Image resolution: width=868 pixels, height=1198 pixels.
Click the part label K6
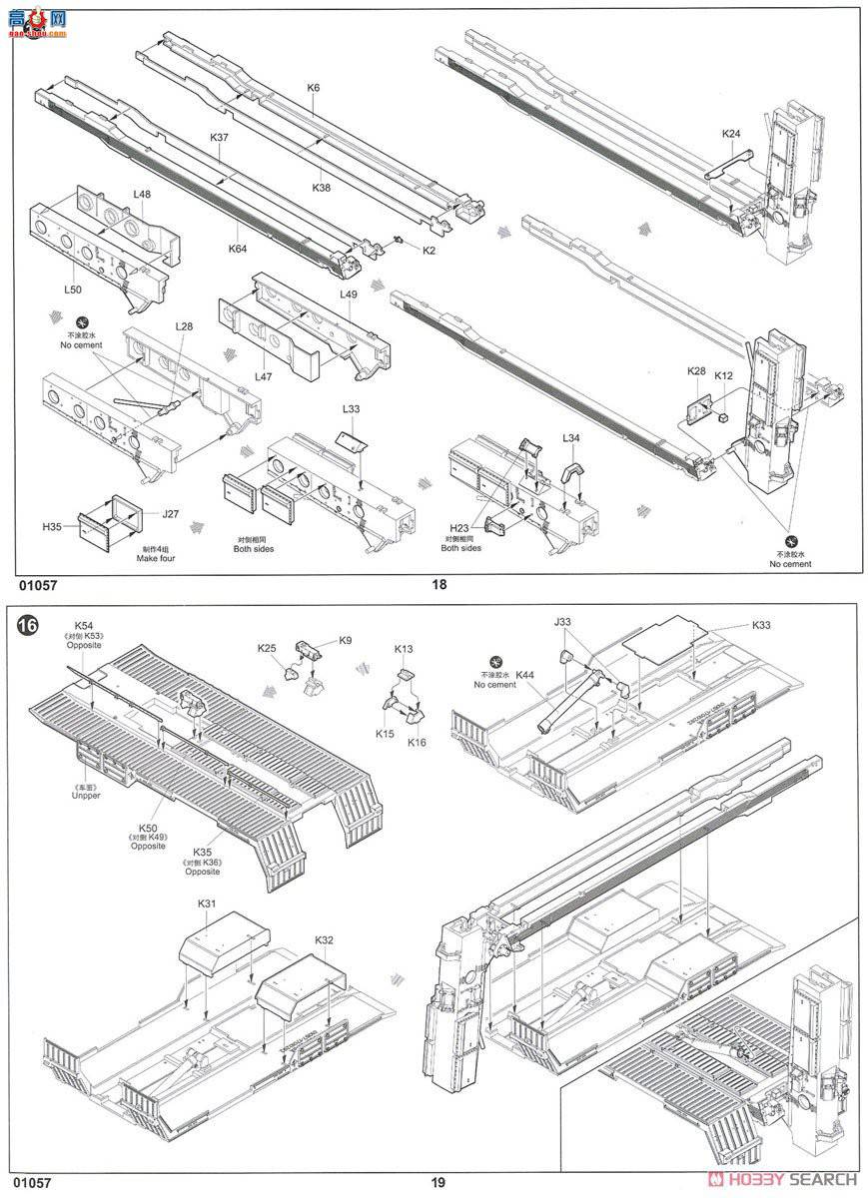pos(314,88)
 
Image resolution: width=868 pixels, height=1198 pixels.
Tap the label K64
pos(238,249)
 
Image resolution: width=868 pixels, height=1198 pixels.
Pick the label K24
pos(732,133)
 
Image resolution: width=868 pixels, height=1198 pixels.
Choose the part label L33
pos(351,408)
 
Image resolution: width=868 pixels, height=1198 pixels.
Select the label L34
pos(570,438)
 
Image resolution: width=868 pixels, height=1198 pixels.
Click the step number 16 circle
pos(28,626)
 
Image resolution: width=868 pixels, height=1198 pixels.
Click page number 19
pos(437,1183)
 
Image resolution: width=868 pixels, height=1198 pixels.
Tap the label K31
pos(207,902)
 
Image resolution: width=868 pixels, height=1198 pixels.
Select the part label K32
pos(324,940)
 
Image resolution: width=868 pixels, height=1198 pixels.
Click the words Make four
pos(156,558)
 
